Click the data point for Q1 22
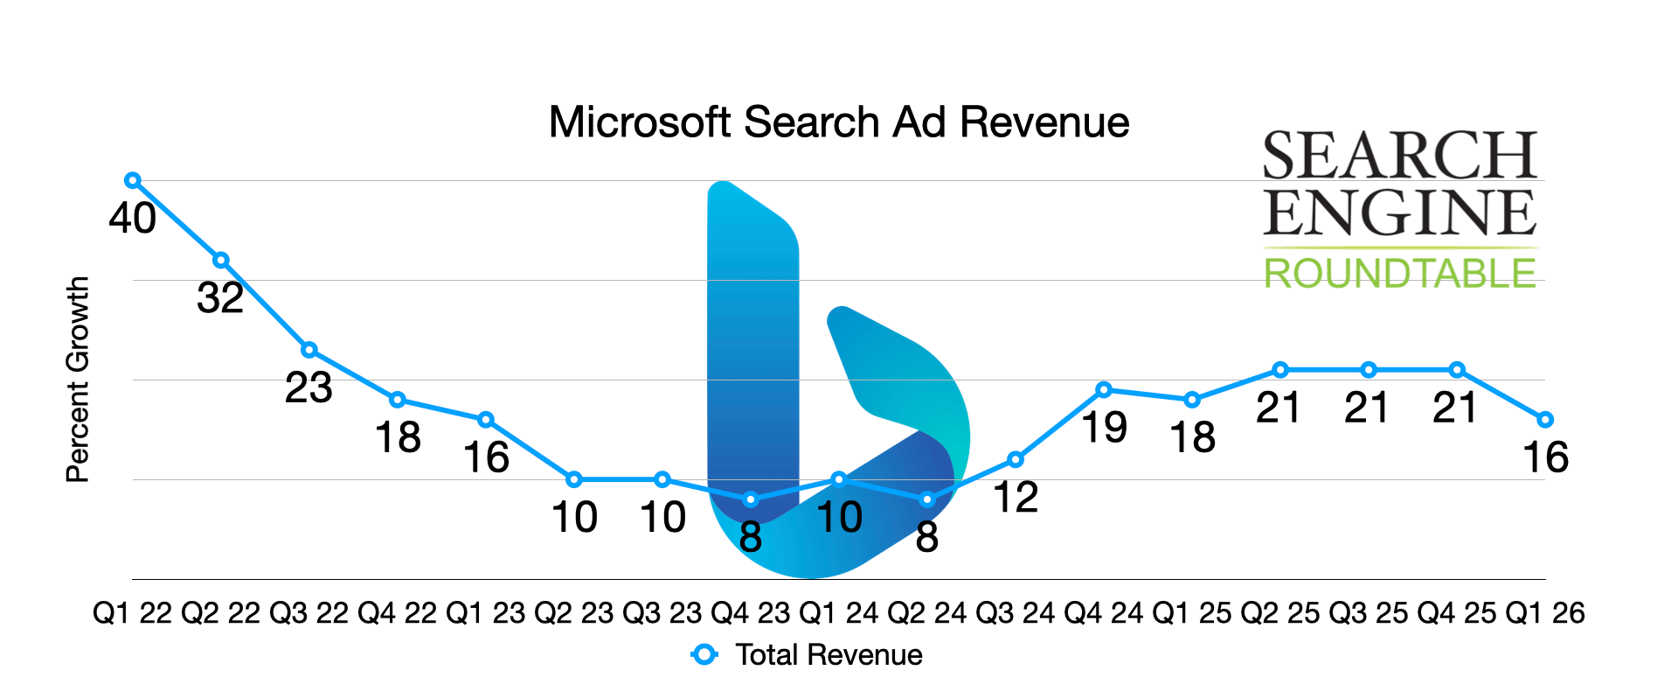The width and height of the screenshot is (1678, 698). click(133, 181)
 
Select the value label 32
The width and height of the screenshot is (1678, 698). click(220, 298)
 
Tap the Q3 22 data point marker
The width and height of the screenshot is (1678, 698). click(309, 350)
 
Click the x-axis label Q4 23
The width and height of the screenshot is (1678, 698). click(751, 613)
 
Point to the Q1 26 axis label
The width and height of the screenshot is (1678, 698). click(1545, 613)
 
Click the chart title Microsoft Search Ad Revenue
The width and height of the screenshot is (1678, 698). click(839, 122)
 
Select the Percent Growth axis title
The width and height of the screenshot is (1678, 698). click(78, 380)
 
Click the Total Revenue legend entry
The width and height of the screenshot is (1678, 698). click(828, 654)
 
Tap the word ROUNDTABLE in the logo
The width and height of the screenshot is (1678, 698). click(1400, 274)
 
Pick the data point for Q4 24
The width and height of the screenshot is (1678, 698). click(1104, 390)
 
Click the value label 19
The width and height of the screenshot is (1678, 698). click(1104, 428)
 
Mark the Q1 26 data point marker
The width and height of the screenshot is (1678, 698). click(1545, 420)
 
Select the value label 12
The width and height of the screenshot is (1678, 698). click(1016, 498)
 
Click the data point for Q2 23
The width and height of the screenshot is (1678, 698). click(574, 479)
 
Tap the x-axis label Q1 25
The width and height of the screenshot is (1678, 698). click(1192, 613)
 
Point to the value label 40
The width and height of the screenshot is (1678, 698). click(133, 218)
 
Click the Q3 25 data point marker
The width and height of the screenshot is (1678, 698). click(1369, 370)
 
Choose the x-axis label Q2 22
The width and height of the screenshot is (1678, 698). click(221, 613)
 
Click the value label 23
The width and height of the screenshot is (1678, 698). click(309, 387)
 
